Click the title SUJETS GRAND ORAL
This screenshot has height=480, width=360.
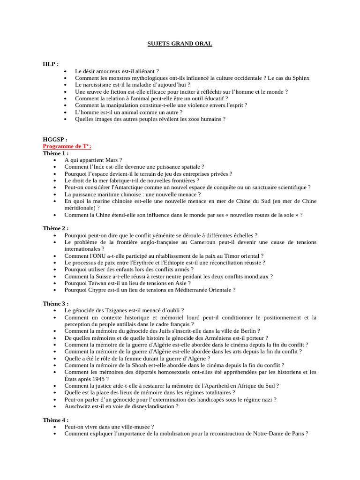180,44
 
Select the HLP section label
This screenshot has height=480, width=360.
51,64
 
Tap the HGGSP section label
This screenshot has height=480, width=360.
55,139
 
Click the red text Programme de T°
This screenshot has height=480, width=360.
67,146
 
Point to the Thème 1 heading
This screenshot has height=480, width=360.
56,153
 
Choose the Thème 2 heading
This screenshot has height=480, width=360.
56,228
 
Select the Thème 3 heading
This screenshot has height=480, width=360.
56,303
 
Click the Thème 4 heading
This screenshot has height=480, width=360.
56,420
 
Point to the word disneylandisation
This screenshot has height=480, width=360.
151,406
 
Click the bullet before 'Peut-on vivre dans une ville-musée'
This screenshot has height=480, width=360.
55,427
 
